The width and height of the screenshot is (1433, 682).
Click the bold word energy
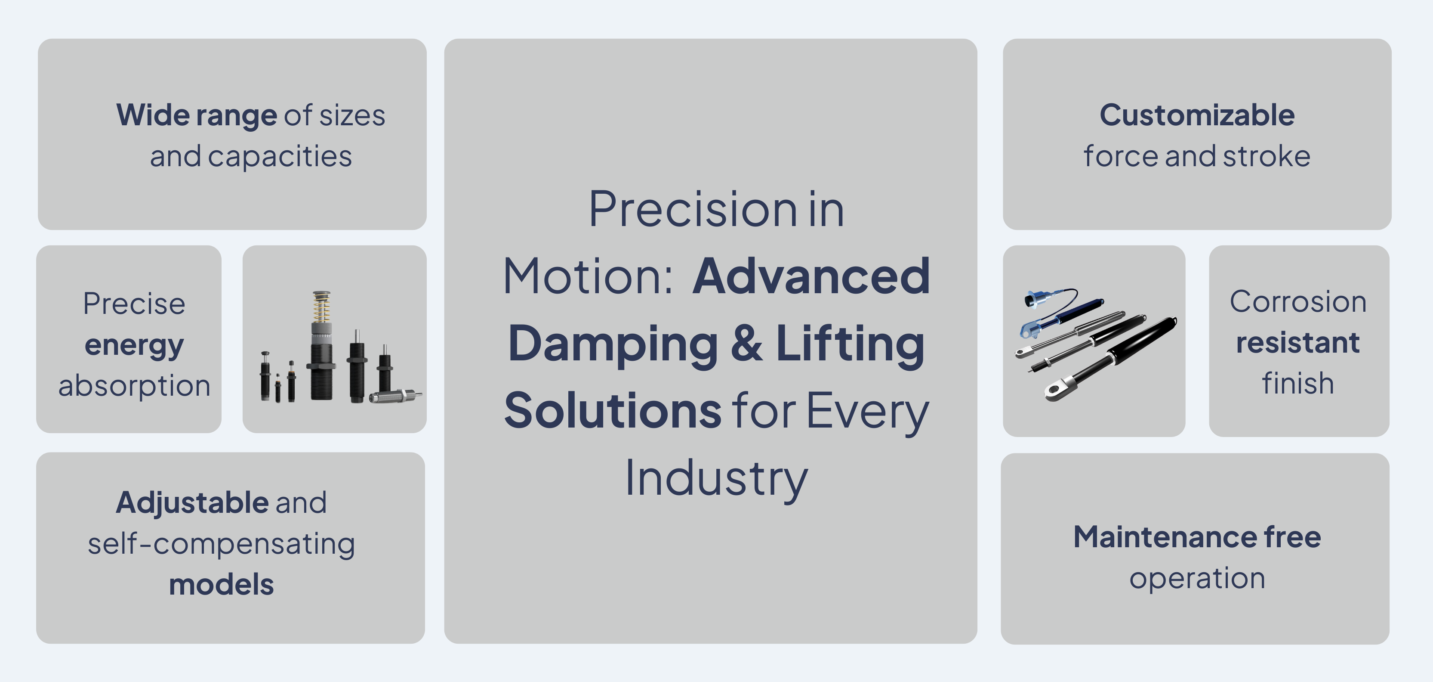click(134, 346)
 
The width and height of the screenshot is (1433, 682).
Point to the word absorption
click(135, 386)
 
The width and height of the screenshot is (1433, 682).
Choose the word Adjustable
click(192, 503)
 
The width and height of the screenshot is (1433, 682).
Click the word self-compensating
click(222, 544)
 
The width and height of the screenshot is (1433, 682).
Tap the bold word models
click(222, 585)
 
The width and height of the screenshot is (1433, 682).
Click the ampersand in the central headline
click(746, 344)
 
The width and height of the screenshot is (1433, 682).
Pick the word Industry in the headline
click(716, 478)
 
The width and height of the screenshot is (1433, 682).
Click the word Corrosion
click(1298, 302)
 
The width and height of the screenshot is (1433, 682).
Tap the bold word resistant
click(1298, 342)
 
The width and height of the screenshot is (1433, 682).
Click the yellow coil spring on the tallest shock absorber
click(321, 308)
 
